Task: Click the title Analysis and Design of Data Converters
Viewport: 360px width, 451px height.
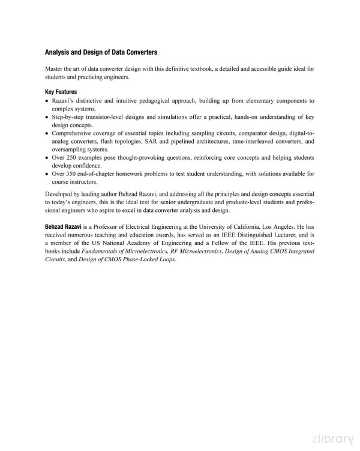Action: coord(101,52)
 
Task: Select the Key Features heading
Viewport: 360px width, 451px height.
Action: coord(61,92)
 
